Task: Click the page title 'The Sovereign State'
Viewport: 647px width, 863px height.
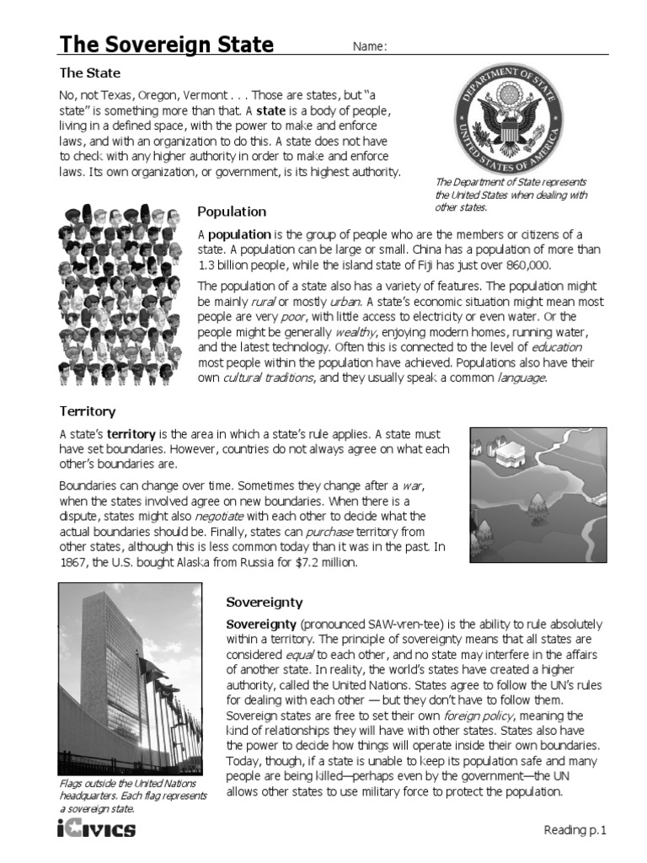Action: [x=166, y=44]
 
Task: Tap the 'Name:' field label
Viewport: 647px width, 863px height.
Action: [x=369, y=46]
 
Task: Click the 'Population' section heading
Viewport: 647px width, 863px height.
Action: [x=231, y=212]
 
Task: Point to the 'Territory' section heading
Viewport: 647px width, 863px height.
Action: [x=88, y=411]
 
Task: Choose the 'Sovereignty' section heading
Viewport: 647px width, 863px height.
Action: [x=265, y=602]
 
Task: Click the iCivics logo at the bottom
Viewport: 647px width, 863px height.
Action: [x=96, y=830]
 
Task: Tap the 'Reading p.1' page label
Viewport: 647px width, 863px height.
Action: [x=575, y=830]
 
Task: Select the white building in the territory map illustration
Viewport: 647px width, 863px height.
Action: [x=511, y=456]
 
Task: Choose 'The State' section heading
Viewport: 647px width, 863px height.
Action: [x=89, y=72]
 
